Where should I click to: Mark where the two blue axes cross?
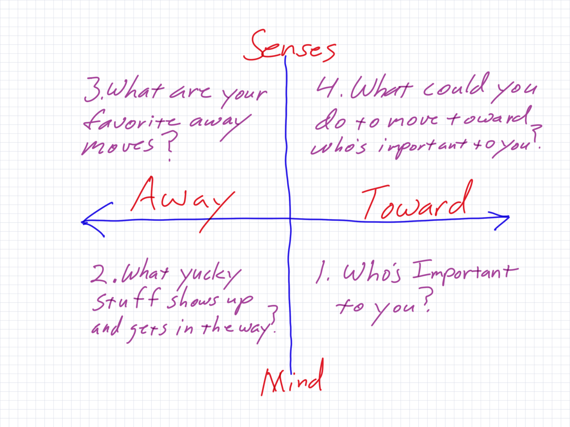coord(290,219)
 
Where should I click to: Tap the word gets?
coord(147,330)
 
